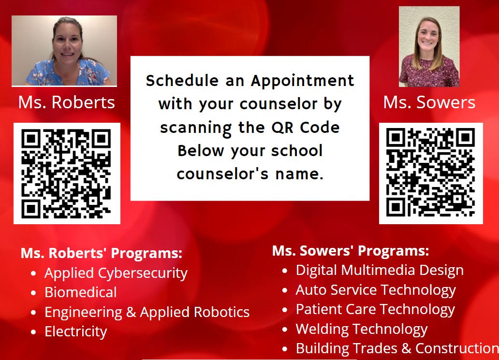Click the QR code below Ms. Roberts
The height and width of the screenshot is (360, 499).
(67, 173)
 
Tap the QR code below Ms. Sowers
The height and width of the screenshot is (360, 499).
(430, 173)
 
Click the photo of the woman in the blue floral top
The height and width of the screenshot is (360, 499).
(64, 51)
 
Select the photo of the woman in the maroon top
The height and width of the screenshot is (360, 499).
(429, 47)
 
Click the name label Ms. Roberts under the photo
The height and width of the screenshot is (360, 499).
(67, 102)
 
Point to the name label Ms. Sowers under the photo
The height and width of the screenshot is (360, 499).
(429, 102)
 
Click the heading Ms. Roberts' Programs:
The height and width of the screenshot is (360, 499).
(102, 253)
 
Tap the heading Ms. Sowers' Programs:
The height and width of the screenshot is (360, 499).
(351, 251)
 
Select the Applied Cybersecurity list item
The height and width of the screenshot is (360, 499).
(116, 274)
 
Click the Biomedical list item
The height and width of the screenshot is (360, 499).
(81, 292)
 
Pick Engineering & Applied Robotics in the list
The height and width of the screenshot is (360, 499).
(147, 312)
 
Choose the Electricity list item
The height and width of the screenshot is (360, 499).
(76, 331)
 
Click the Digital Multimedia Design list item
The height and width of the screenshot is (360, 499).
(380, 270)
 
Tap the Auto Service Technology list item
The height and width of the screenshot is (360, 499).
(376, 290)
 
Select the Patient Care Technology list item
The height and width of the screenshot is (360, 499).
(376, 309)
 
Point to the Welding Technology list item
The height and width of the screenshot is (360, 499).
(362, 329)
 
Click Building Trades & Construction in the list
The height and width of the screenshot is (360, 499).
(397, 348)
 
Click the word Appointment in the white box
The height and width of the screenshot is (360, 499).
(302, 81)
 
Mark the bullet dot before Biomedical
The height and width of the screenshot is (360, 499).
(33, 293)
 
